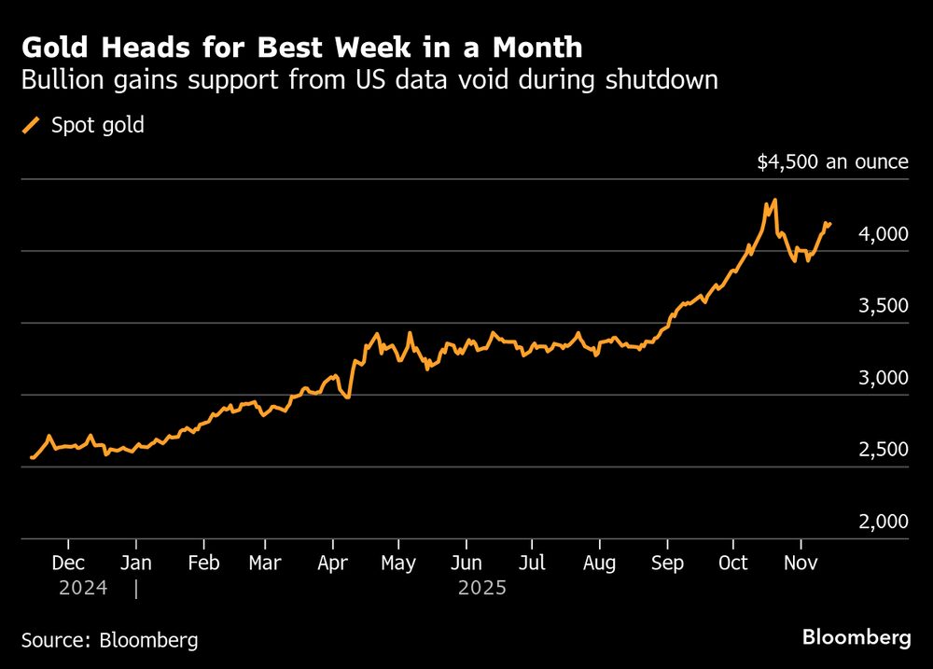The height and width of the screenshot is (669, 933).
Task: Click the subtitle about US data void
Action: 369,80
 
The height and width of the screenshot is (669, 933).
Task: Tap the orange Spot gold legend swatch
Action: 31,125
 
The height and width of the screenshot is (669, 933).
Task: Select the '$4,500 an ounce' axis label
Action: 832,161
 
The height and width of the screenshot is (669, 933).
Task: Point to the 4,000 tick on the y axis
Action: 883,234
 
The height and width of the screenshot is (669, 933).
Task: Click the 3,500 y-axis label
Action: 883,306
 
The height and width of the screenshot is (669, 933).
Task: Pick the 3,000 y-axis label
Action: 883,378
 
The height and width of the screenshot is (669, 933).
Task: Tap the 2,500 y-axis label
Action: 883,450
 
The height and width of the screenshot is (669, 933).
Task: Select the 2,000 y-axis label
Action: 883,522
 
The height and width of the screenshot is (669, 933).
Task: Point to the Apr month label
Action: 332,563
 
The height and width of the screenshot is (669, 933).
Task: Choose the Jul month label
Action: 531,563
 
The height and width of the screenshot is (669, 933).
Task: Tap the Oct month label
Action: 733,563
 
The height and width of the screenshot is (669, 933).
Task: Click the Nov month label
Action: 800,563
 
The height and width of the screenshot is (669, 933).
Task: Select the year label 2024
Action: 83,589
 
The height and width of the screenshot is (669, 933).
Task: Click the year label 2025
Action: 482,589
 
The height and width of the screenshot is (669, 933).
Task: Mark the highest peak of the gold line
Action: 774,200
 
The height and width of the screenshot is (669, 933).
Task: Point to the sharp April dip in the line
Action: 347,397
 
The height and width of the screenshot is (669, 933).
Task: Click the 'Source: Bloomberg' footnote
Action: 109,640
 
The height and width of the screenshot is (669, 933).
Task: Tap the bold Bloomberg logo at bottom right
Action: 856,638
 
